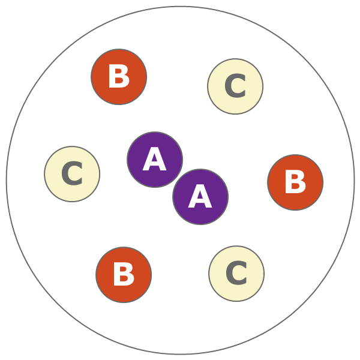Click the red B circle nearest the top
click(119, 77)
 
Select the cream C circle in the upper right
click(235, 86)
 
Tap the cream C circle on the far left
click(72, 174)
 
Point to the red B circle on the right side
click(295, 182)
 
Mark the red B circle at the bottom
click(124, 275)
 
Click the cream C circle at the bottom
click(236, 274)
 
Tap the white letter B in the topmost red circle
click(119, 77)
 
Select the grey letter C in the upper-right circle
click(235, 87)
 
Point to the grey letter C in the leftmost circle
click(72, 175)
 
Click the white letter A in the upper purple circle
click(154, 160)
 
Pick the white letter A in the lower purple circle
click(200, 197)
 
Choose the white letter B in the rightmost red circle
click(295, 183)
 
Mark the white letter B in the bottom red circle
click(124, 275)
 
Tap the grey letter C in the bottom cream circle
click(236, 274)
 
